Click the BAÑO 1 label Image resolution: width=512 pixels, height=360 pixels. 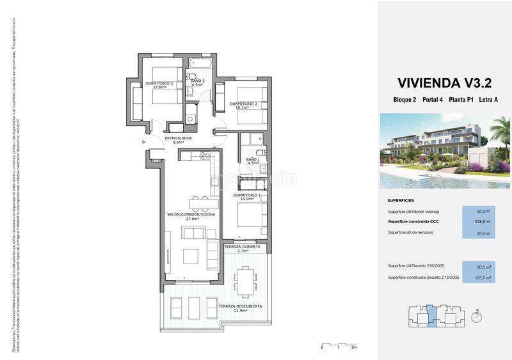pos(253,161)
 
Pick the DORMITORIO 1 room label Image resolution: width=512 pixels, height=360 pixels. pos(247,197)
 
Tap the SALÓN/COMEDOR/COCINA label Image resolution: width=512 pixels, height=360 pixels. pos(192,216)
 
